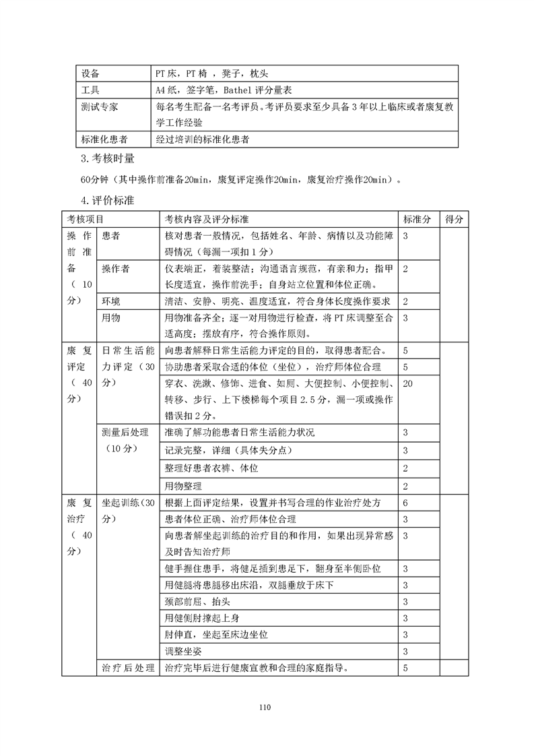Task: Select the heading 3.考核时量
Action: (107, 159)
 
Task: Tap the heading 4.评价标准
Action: (107, 200)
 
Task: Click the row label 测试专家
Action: (98, 106)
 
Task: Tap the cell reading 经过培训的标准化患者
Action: (202, 139)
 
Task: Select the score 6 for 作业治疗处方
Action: (405, 503)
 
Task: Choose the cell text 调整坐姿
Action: (182, 652)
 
